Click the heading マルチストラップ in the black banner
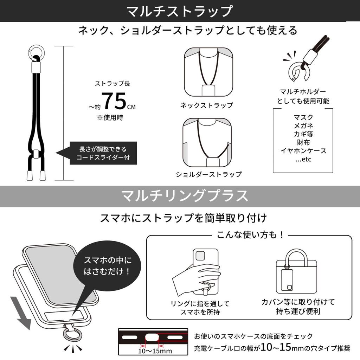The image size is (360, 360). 180,11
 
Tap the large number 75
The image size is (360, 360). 114,101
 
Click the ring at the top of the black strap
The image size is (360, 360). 35,52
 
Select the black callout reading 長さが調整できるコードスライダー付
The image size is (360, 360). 103,153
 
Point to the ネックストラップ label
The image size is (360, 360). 207,105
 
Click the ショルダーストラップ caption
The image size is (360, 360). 209,174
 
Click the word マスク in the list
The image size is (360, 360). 303,117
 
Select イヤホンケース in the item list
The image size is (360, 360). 303,151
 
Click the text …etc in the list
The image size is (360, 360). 303,159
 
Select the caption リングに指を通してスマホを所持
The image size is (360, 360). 200,307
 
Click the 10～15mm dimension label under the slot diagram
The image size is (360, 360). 155,351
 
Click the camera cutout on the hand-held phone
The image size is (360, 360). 200,256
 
